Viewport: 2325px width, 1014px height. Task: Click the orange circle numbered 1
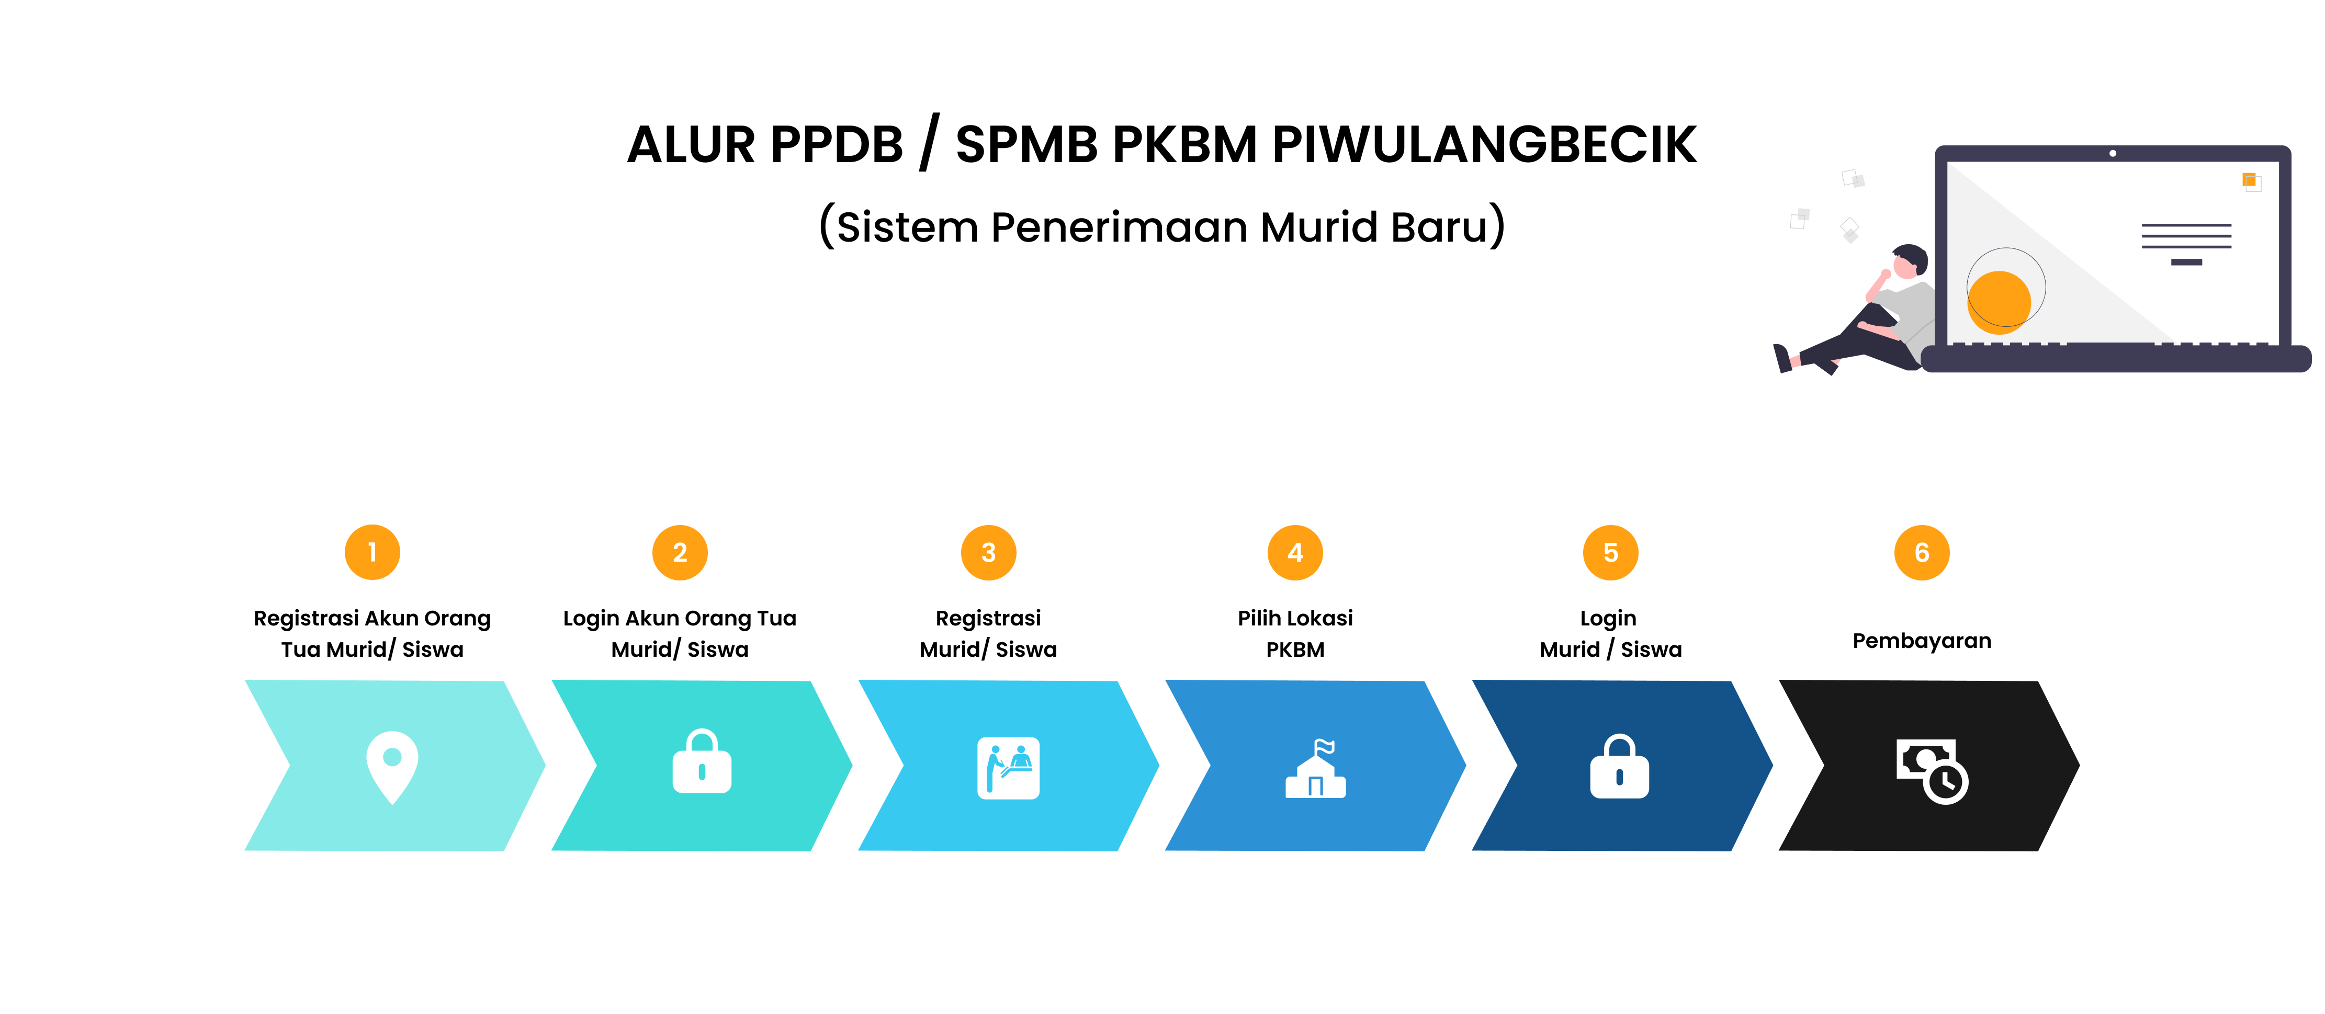click(372, 552)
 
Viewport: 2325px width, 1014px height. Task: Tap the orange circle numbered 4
click(1295, 552)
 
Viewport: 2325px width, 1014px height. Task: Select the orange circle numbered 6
click(1922, 552)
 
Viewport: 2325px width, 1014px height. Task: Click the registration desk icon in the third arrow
click(1008, 768)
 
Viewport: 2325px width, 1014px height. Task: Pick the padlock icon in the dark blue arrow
click(1619, 766)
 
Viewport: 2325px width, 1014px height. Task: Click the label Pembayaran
click(1922, 641)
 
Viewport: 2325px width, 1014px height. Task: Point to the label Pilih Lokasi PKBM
click(1295, 633)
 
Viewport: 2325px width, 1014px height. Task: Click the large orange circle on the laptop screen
click(1999, 302)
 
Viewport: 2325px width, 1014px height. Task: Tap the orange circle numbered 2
click(680, 552)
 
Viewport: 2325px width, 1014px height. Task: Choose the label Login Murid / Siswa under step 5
click(1610, 633)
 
